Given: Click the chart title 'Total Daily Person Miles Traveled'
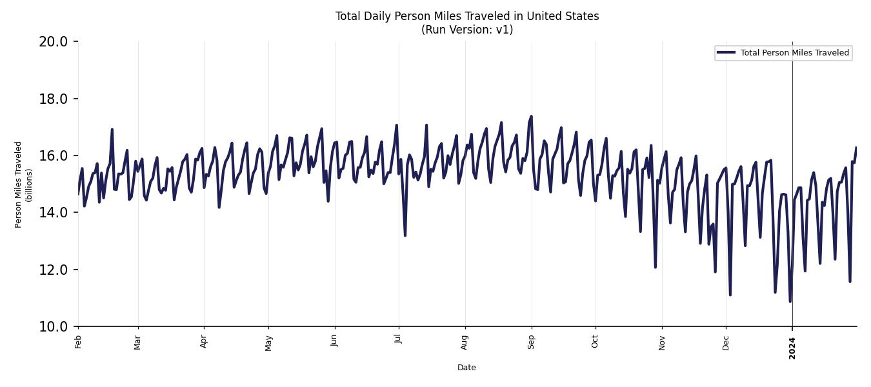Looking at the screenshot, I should (x=466, y=16).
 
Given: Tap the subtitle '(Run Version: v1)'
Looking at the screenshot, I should (x=466, y=30).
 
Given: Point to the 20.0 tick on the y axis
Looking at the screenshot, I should (x=53, y=42).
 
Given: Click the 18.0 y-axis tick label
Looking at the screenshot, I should (x=53, y=99).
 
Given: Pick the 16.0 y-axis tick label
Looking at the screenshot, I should (x=53, y=155).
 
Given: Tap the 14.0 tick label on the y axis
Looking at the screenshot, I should (x=53, y=213).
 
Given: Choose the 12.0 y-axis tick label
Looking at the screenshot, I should (x=53, y=270).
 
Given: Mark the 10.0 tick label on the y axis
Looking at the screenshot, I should (x=53, y=326).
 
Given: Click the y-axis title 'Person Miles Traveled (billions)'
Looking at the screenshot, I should (x=23, y=184).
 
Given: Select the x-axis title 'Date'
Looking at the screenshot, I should (x=466, y=368).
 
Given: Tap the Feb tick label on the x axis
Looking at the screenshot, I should (x=78, y=342).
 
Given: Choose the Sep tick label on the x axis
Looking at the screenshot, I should (x=531, y=341).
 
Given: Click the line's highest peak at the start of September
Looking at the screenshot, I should (x=531, y=117).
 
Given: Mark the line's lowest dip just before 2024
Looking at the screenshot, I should (x=790, y=301).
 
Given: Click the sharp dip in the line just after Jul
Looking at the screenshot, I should (x=405, y=235).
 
